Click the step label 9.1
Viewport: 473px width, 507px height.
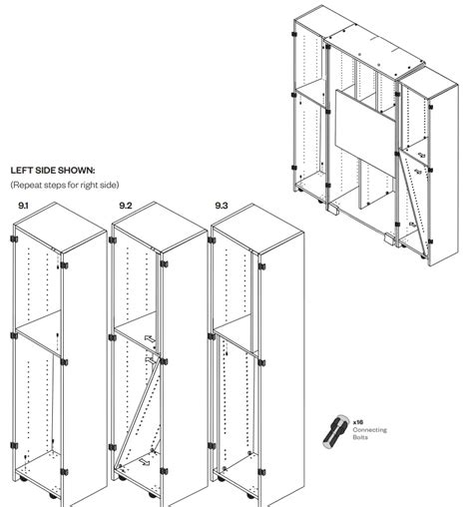(x=23, y=206)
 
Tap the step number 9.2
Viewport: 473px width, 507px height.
(x=126, y=206)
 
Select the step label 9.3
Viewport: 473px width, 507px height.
(x=222, y=206)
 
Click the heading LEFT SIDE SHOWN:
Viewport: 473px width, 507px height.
(x=53, y=171)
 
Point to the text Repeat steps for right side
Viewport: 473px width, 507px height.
(x=65, y=185)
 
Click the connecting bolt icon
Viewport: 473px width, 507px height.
(x=335, y=431)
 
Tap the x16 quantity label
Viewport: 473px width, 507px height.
(x=358, y=422)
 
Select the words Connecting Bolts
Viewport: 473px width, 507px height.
(x=369, y=433)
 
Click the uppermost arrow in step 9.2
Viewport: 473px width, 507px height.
(x=150, y=339)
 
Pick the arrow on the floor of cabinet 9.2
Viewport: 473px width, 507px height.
(x=144, y=461)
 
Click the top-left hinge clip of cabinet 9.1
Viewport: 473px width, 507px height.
(x=14, y=239)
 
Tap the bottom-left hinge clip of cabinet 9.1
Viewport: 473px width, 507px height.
(x=14, y=445)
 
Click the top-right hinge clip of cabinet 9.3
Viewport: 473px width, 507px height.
(x=261, y=266)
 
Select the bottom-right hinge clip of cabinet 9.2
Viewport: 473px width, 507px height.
(x=164, y=471)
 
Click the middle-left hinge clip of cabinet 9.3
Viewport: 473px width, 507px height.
(x=212, y=336)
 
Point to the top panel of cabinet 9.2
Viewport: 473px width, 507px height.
(x=160, y=227)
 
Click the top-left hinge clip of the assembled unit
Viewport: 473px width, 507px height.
(x=294, y=34)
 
